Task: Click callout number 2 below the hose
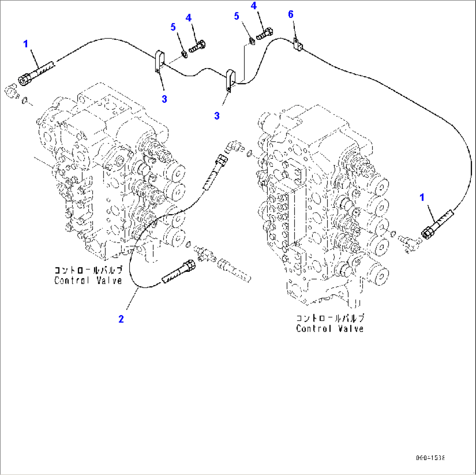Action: pyautogui.click(x=121, y=319)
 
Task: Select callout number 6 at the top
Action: pyautogui.click(x=290, y=15)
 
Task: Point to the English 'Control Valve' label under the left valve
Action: pyautogui.click(x=88, y=280)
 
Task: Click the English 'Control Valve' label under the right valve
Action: pyautogui.click(x=330, y=328)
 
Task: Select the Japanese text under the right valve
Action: pyautogui.click(x=330, y=318)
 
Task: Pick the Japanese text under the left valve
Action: pyautogui.click(x=88, y=270)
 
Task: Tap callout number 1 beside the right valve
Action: pyautogui.click(x=422, y=198)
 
